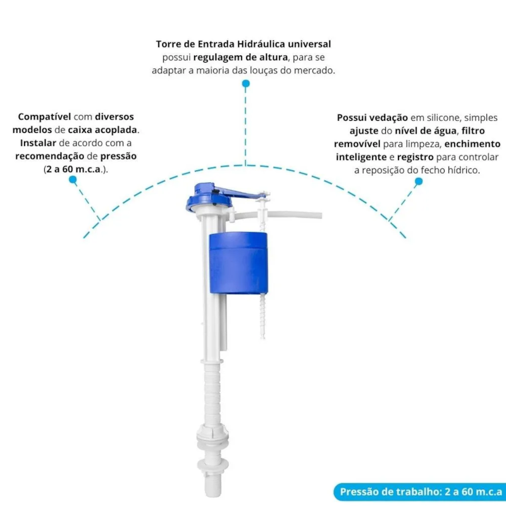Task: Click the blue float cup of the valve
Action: click(238, 263)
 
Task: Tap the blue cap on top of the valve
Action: click(209, 197)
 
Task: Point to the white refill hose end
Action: click(318, 215)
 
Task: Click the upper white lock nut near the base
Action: click(213, 436)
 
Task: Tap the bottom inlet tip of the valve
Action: click(213, 487)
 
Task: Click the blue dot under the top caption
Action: click(246, 83)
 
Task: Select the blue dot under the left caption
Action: click(73, 180)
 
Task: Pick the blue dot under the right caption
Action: click(419, 182)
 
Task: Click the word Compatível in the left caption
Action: click(44, 117)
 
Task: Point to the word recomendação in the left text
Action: click(50, 156)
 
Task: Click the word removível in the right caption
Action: click(357, 144)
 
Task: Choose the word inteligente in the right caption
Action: click(361, 157)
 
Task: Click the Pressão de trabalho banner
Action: click(420, 491)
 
